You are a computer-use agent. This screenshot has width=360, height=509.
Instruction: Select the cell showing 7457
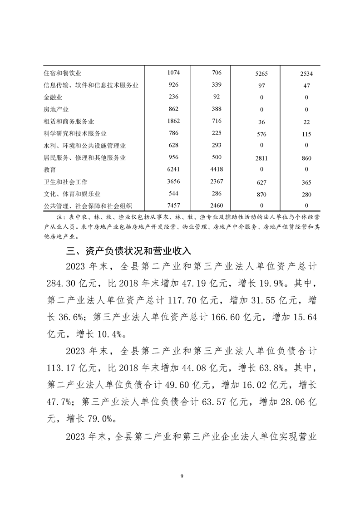pyautogui.click(x=173, y=205)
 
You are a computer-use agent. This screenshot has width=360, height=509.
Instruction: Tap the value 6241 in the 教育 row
pyautogui.click(x=173, y=170)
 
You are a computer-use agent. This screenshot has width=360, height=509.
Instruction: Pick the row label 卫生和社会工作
pyautogui.click(x=65, y=181)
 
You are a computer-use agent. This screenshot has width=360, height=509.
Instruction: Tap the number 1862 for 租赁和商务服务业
pyautogui.click(x=173, y=121)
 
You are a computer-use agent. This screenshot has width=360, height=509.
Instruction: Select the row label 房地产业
pyautogui.click(x=56, y=109)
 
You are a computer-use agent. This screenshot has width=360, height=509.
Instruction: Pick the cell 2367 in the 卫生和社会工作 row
pyautogui.click(x=216, y=181)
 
